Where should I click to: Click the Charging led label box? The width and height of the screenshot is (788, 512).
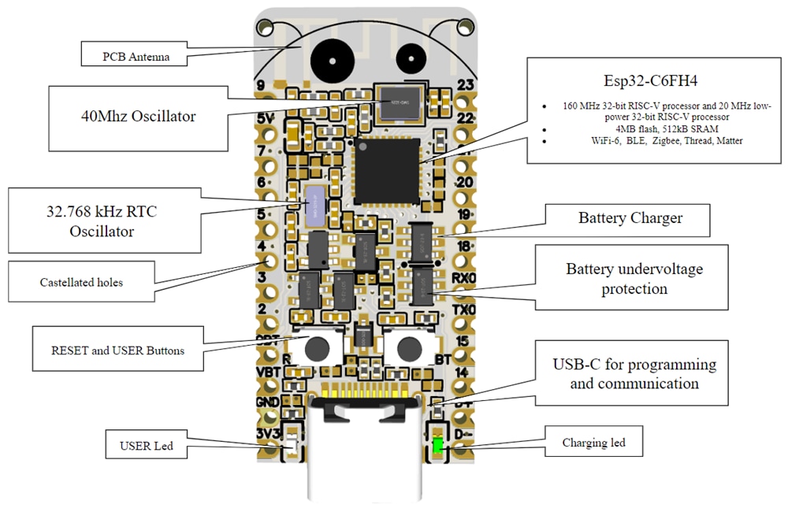pyautogui.click(x=593, y=443)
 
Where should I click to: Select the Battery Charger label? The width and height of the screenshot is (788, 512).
pyautogui.click(x=630, y=218)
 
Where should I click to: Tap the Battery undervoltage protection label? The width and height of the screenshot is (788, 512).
pyautogui.click(x=634, y=279)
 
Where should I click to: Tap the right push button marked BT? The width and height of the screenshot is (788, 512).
pyautogui.click(x=408, y=347)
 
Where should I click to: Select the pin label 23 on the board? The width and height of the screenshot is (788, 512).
pyautogui.click(x=465, y=85)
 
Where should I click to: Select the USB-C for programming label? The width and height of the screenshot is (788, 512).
pyautogui.click(x=634, y=374)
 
